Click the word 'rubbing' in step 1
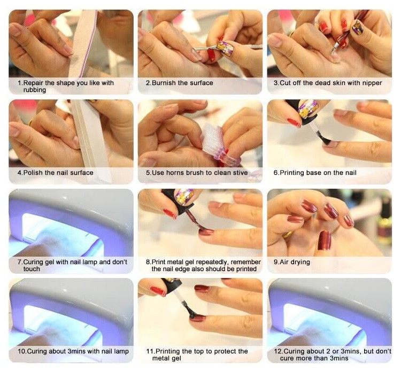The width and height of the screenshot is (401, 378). [x=35, y=90]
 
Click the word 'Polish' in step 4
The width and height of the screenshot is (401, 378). [x=33, y=173]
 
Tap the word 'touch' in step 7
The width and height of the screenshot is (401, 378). [x=32, y=269]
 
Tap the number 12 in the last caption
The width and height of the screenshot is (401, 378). [x=277, y=351]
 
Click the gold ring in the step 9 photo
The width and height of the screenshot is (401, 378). [x=288, y=235]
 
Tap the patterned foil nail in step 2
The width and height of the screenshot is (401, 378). [x=225, y=48]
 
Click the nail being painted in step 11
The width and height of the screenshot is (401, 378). [x=197, y=318]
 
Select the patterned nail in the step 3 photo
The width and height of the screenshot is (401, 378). [x=357, y=27]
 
